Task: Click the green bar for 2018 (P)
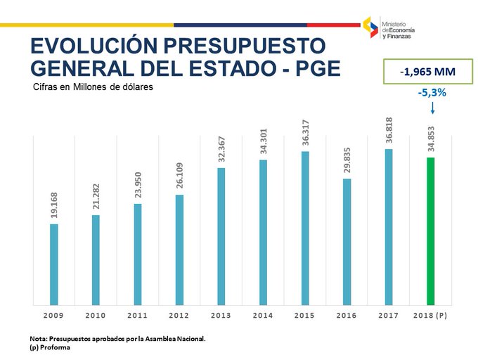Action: click(x=432, y=231)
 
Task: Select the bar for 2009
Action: click(x=54, y=264)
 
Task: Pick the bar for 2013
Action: click(x=221, y=236)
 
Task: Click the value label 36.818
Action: click(x=388, y=131)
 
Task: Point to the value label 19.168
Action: click(x=54, y=206)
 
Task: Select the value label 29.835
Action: click(x=347, y=161)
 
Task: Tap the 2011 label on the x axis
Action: click(x=137, y=316)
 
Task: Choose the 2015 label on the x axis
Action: click(x=304, y=316)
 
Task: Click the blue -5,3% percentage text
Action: click(x=432, y=93)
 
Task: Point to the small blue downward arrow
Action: click(x=432, y=108)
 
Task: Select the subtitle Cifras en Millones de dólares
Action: click(x=92, y=87)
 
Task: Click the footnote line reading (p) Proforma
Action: click(x=51, y=347)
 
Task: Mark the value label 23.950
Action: click(x=138, y=186)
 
